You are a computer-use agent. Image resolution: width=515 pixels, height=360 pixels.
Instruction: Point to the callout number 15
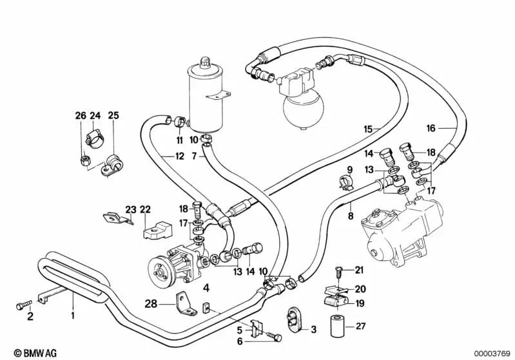(367, 129)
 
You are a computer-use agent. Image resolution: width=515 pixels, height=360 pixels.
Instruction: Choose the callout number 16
(431, 128)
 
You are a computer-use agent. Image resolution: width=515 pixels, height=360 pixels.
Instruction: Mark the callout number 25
(113, 116)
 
